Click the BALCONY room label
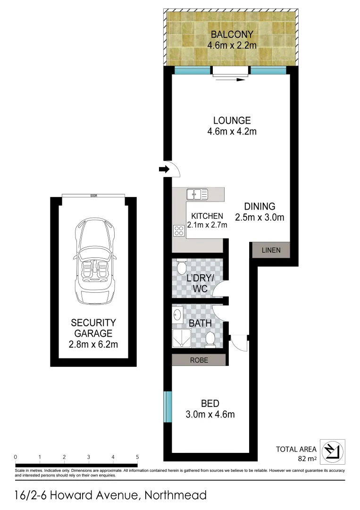(232, 34)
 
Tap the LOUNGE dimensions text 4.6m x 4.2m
(232, 132)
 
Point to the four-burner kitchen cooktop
(179, 230)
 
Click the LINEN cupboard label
(271, 250)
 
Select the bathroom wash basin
(178, 314)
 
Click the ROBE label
(199, 360)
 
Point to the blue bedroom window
(167, 407)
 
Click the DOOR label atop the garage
(94, 195)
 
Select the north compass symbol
(333, 451)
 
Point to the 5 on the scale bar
(137, 457)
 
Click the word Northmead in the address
(176, 495)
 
